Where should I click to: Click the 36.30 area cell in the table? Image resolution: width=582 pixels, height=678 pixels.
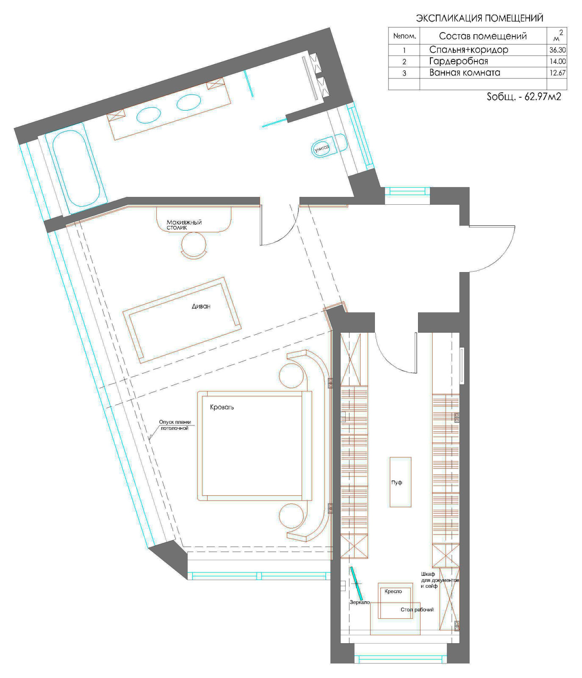(x=557, y=50)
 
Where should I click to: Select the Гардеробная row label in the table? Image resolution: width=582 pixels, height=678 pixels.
(x=458, y=61)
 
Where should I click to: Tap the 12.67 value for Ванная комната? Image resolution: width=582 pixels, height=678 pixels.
(x=557, y=72)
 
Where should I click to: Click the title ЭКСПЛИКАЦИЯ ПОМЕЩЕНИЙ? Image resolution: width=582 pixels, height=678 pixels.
(x=479, y=18)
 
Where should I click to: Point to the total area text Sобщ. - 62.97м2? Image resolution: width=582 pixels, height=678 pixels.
(x=524, y=97)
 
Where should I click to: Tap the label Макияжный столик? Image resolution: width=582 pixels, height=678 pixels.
(x=184, y=225)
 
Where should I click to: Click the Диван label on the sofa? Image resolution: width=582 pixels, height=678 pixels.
(x=201, y=306)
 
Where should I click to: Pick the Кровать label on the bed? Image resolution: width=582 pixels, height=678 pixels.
(x=222, y=407)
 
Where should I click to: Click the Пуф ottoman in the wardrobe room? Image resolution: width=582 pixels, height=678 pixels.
(x=400, y=482)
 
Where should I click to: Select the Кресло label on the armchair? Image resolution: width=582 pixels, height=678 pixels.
(x=393, y=591)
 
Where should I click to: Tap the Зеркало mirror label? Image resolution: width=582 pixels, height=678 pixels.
(x=360, y=602)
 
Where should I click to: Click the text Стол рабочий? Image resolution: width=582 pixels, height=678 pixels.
(x=417, y=610)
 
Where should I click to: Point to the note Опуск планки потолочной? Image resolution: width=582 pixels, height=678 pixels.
(x=175, y=425)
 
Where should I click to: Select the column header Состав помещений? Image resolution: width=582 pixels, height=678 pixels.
(x=482, y=36)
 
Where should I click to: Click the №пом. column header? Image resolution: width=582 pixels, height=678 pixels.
(x=405, y=36)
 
